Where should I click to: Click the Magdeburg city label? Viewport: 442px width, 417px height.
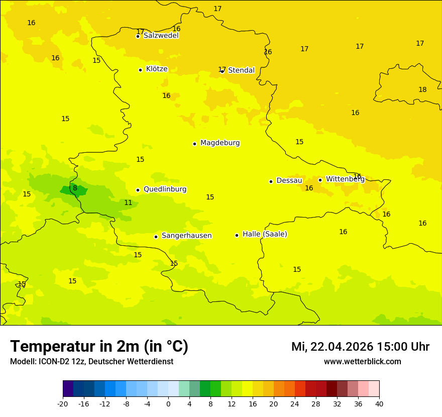click(x=220, y=143)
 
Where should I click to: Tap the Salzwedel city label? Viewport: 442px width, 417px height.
click(x=161, y=36)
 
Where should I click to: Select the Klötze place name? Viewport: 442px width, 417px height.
click(x=157, y=69)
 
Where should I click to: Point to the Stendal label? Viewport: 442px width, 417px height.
click(x=241, y=70)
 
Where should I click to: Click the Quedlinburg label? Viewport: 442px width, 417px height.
click(x=165, y=189)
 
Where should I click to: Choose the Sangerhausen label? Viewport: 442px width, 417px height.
click(x=186, y=236)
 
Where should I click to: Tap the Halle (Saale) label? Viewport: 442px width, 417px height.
click(x=265, y=234)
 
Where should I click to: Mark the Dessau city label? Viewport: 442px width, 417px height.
click(x=289, y=181)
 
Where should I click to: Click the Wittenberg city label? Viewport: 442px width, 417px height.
click(x=345, y=179)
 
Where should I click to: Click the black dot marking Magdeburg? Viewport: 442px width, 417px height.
click(x=194, y=144)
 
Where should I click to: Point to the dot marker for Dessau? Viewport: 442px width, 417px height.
click(x=271, y=181)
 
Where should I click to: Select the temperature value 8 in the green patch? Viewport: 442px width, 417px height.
click(x=75, y=188)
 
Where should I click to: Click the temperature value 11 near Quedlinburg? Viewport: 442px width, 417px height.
click(x=128, y=202)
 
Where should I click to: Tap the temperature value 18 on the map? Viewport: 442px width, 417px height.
click(x=422, y=89)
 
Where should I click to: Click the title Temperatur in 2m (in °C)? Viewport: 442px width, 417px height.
click(x=99, y=346)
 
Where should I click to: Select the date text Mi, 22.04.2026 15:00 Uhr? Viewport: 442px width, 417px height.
click(x=360, y=347)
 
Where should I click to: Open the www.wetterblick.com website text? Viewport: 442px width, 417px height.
click(x=362, y=362)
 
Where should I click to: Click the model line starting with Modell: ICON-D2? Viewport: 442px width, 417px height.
click(x=91, y=362)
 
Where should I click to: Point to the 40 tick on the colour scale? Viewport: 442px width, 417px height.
click(x=379, y=403)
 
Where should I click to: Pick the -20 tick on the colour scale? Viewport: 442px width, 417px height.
click(x=63, y=403)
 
